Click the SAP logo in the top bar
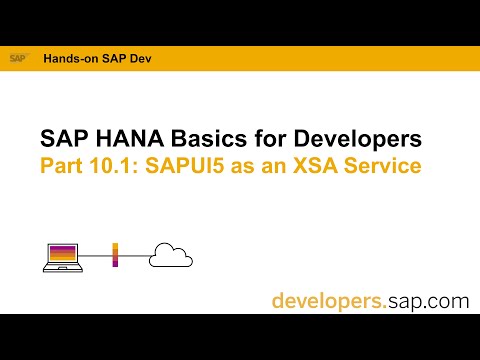[17, 58]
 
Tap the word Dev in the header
[134, 58]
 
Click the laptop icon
[59, 255]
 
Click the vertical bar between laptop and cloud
[115, 255]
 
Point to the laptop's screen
[59, 252]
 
